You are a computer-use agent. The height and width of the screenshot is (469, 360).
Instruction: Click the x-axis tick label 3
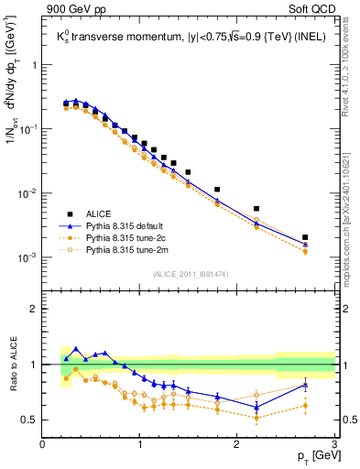point(334,444)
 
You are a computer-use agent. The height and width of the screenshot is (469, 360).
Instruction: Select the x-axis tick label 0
point(43,444)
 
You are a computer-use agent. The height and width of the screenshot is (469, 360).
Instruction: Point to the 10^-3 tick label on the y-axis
point(27,257)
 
